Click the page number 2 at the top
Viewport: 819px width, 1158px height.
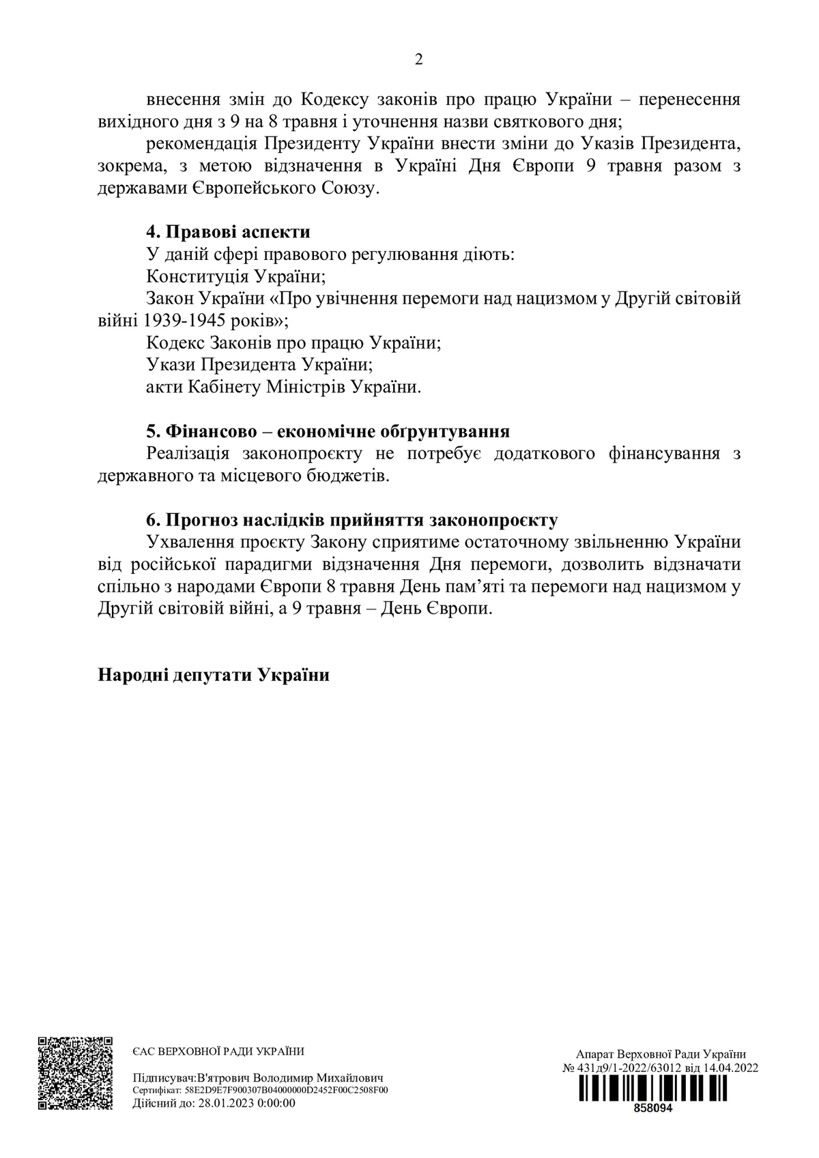418,59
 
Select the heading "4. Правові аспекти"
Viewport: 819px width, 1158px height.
228,232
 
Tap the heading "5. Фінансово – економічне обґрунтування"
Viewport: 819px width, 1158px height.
328,431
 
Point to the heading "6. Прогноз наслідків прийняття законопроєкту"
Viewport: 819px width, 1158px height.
351,520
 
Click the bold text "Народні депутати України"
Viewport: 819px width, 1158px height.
214,675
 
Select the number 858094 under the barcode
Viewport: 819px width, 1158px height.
653,1108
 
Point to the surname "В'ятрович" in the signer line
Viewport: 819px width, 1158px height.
223,1078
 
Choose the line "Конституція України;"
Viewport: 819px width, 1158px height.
235,276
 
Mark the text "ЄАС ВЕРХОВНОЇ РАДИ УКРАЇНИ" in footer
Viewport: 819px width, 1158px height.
218,1052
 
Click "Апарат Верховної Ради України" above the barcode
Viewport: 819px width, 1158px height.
661,1054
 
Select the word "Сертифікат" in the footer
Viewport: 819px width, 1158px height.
156,1090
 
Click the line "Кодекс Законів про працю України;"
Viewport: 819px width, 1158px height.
293,343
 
